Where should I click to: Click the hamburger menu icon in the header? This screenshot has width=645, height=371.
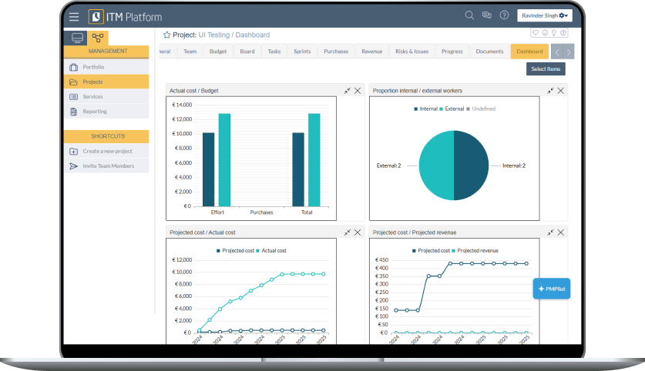(74, 16)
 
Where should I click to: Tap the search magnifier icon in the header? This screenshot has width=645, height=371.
(469, 15)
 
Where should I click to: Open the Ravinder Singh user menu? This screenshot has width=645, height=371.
(545, 15)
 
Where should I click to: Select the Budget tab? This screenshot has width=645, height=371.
(218, 52)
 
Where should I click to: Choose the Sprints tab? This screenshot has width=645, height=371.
(302, 52)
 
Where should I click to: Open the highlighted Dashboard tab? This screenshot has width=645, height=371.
(529, 52)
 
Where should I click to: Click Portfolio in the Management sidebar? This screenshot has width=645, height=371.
(93, 67)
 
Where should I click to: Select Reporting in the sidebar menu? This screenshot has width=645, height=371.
(95, 112)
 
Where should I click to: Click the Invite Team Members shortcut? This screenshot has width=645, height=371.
(108, 165)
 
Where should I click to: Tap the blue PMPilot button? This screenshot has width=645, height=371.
(552, 289)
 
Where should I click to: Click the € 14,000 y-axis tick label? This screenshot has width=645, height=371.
(182, 105)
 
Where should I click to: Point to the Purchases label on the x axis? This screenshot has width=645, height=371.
(261, 212)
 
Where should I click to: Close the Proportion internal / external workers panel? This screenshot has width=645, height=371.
(561, 90)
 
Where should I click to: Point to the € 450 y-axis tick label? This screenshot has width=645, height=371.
(381, 260)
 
